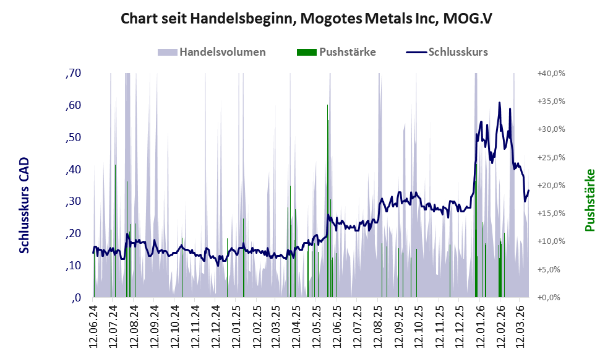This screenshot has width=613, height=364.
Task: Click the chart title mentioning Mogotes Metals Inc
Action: (306, 19)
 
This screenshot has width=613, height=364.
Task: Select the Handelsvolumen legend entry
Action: (222, 52)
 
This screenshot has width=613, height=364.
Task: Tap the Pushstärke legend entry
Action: (347, 52)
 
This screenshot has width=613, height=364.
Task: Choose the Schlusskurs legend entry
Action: (458, 52)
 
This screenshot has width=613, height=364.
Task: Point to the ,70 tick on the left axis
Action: (72, 74)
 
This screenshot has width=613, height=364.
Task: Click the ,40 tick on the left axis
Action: (72, 170)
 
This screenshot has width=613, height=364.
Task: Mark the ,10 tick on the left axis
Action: (72, 266)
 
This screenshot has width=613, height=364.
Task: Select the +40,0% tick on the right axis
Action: (551, 74)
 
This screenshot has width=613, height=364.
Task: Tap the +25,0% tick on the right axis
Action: (551, 158)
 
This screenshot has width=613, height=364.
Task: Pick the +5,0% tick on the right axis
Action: (551, 270)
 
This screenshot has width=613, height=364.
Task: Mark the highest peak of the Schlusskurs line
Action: (499, 103)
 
